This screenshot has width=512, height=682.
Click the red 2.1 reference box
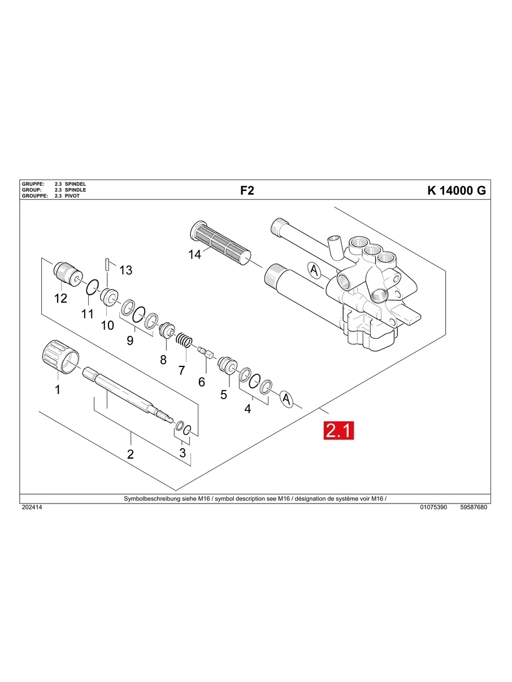(338, 431)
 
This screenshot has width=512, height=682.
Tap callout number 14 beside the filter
(194, 255)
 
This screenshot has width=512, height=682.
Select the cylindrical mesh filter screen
(218, 241)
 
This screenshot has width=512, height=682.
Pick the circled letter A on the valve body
(314, 270)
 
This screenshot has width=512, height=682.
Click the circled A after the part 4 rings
(287, 399)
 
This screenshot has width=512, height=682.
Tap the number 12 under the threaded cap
(60, 298)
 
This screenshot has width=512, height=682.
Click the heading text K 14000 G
(456, 190)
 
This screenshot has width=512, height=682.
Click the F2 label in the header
(247, 190)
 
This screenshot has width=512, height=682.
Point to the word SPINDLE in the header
(75, 190)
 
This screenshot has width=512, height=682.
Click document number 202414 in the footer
(32, 508)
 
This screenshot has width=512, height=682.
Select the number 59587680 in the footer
(474, 508)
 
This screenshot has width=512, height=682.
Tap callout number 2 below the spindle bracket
(130, 454)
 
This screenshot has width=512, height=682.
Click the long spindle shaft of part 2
(122, 390)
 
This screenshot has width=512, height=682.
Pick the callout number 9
(130, 340)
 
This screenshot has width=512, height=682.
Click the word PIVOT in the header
(72, 195)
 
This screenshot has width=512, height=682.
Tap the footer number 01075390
(433, 508)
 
